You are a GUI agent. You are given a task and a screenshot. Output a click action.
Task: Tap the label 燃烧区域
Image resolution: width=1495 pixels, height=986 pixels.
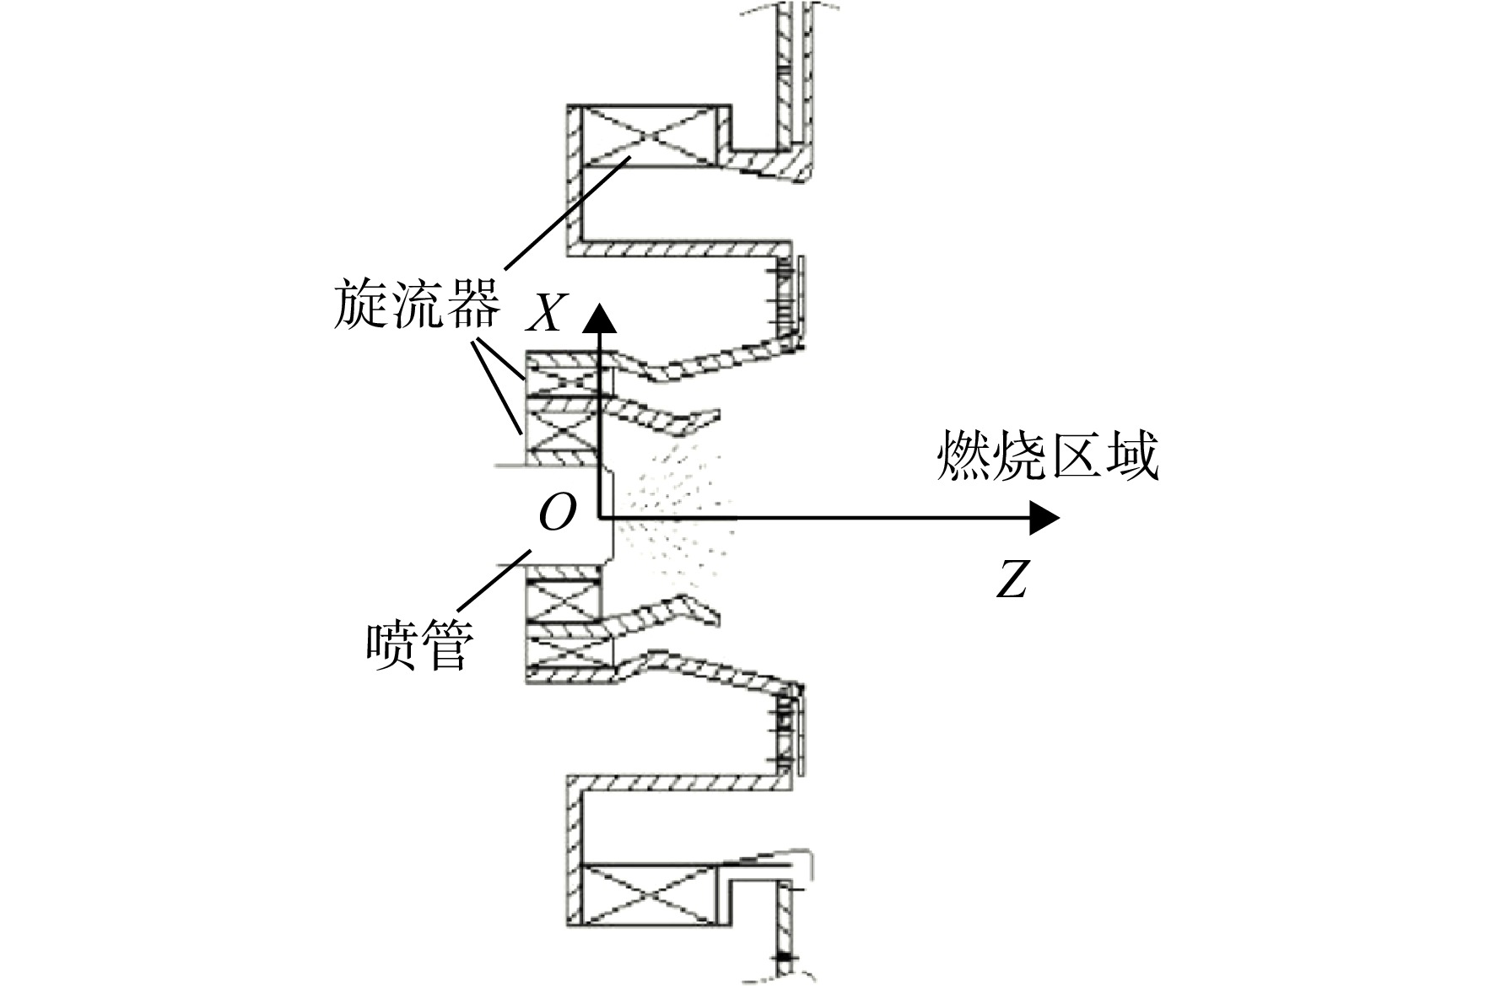click(x=1048, y=456)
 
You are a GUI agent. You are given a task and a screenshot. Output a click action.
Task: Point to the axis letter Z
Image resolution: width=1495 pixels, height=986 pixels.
click(x=1012, y=579)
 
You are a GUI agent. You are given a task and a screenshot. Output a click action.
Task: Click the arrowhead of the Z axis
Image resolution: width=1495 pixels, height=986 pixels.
click(x=1044, y=517)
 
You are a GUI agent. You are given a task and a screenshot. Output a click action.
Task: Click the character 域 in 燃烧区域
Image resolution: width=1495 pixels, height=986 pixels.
click(x=1132, y=456)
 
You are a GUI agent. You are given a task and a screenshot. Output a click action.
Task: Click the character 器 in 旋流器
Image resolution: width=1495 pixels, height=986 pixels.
click(x=474, y=304)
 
